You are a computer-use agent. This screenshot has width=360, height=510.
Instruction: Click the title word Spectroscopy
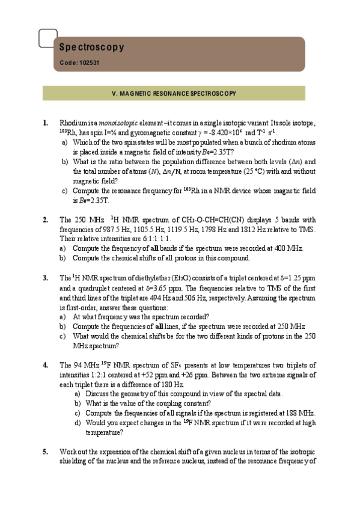click(x=92, y=47)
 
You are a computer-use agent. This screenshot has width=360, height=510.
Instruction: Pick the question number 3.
click(x=45, y=278)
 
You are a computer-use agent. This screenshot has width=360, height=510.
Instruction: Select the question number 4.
click(x=45, y=364)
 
